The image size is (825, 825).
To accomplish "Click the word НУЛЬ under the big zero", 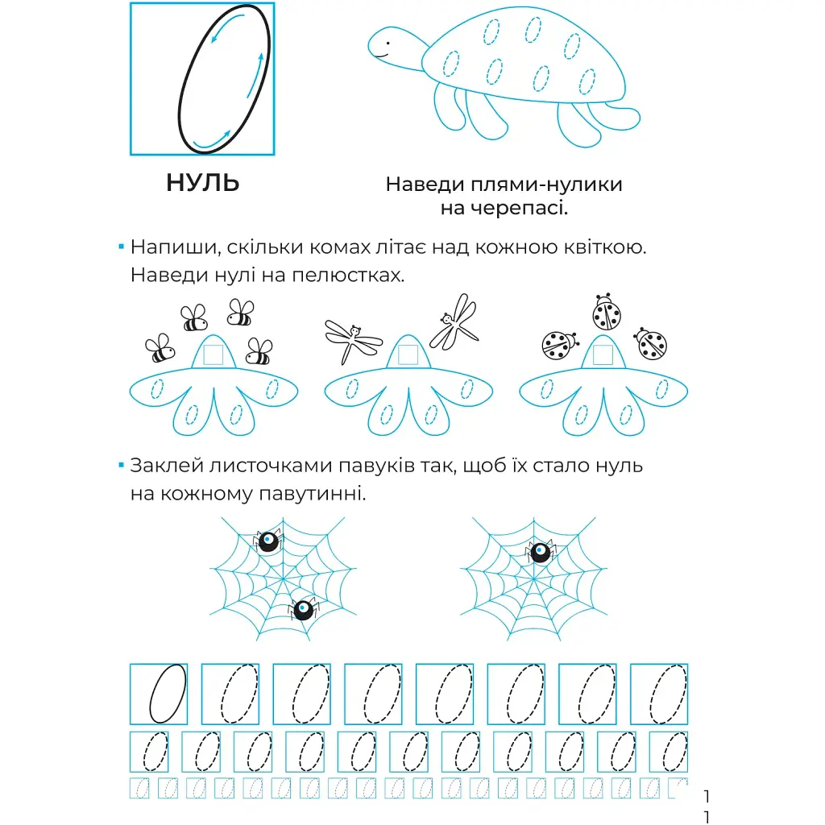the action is (x=202, y=183).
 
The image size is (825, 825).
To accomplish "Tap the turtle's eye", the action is (x=388, y=44).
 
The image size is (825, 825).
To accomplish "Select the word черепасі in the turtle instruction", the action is (x=504, y=209).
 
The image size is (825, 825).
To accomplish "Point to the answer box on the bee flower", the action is (x=213, y=354).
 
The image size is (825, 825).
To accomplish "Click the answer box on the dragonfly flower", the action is (x=408, y=354).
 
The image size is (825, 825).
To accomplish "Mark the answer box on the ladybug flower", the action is (x=603, y=354).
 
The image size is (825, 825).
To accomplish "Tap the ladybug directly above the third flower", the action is (x=606, y=312).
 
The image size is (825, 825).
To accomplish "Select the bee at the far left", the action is (x=160, y=348).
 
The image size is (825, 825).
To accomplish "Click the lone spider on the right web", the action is (x=541, y=552).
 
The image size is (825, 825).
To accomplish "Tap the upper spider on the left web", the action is (x=268, y=541).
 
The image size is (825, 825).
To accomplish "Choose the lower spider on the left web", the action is (x=304, y=609).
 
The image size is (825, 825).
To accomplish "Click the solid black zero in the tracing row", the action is (x=168, y=694).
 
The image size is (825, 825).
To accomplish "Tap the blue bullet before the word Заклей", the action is (x=122, y=465).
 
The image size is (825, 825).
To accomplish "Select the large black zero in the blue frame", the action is (x=224, y=79).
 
